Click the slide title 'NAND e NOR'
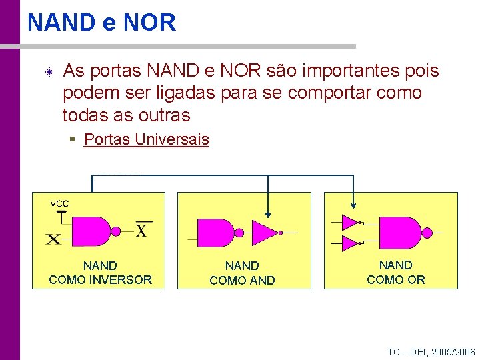point(101,23)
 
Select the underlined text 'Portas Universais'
point(146,140)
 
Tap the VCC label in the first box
point(59,203)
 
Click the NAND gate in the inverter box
point(91,231)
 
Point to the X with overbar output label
point(141,230)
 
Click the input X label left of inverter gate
point(54,238)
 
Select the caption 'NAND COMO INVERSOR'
point(100,273)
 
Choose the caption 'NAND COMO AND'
point(242,273)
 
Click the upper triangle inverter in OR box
point(349,222)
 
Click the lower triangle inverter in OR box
point(349,243)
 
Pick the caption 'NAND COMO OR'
point(395,272)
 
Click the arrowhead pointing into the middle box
point(268,214)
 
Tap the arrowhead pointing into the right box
point(353,207)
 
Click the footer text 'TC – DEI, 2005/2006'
point(431,352)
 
